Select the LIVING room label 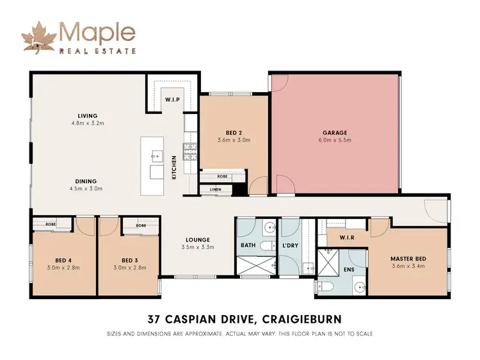88,116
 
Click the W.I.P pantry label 172,100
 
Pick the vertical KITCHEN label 173,167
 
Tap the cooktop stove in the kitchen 190,152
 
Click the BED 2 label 233,132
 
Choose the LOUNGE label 197,239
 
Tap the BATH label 248,245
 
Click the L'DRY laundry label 289,245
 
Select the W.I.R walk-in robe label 346,238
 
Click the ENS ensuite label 349,270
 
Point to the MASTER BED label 408,259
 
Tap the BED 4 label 63,260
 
